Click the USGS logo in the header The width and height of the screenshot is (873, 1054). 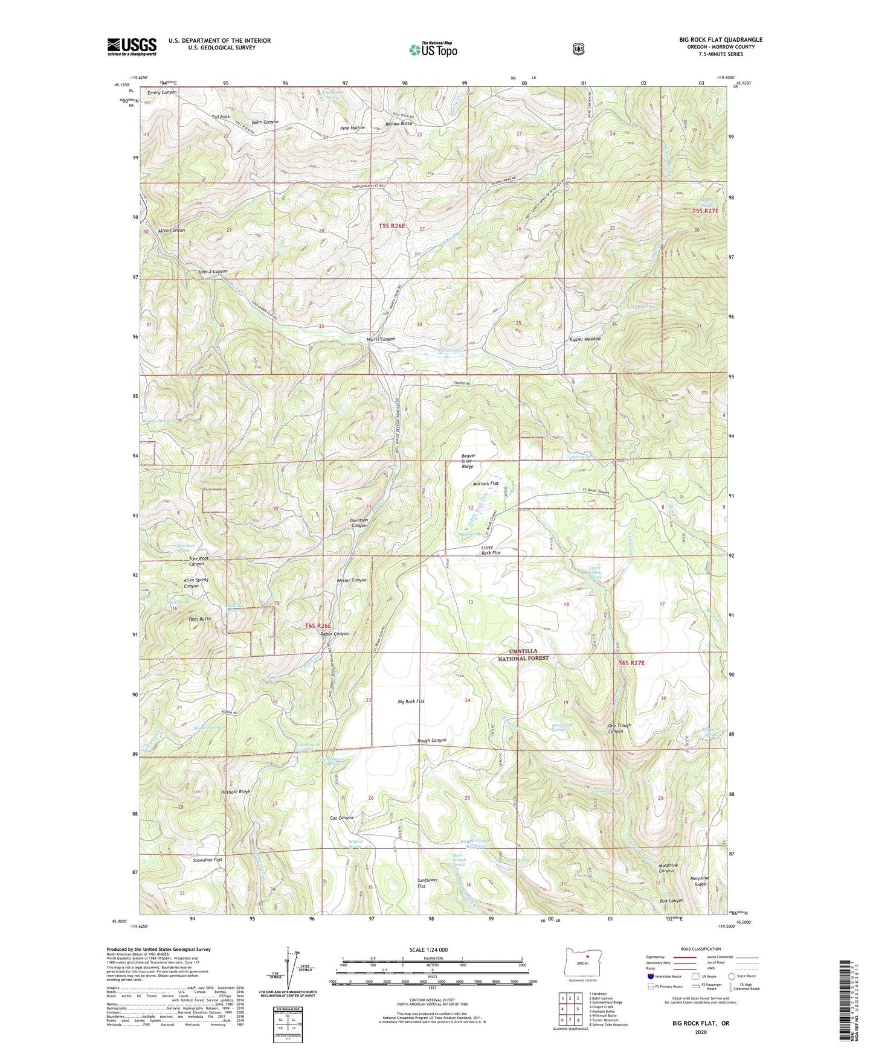coord(132,46)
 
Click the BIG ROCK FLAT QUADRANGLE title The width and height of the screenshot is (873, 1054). coord(720,40)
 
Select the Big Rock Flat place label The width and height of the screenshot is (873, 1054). coord(411,701)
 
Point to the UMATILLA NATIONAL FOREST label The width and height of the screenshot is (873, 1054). coord(523,655)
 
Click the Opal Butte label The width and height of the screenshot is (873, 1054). coord(199,619)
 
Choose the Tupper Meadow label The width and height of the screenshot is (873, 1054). coord(585,339)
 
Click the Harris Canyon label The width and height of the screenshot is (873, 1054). coord(381,339)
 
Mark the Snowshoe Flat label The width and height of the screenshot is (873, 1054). coord(207,860)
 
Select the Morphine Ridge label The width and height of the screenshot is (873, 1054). coord(700,881)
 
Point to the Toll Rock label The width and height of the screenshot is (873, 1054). coord(221,117)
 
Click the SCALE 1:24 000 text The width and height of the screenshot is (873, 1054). coord(428,950)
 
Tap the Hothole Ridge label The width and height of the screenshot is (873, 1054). coord(236,791)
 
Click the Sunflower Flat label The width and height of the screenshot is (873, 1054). coord(427,884)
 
